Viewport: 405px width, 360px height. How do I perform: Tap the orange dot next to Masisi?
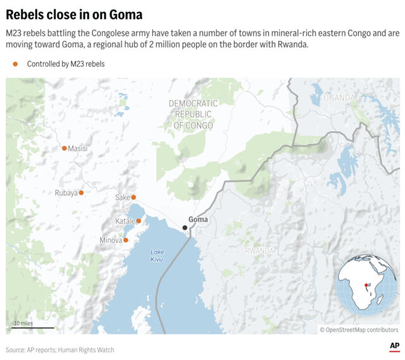coord(64,149)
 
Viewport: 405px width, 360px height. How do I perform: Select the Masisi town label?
coord(78,149)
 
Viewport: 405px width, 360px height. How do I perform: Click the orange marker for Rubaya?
coord(81,193)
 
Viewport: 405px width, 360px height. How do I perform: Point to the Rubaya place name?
coord(66,193)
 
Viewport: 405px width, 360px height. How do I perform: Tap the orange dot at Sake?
coord(134,197)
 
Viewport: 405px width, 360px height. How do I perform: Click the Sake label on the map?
coord(122,197)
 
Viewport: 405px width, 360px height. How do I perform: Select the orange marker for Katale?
coord(139,221)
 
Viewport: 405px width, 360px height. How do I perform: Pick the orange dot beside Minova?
coord(126,240)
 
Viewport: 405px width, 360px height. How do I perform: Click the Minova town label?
coord(111,240)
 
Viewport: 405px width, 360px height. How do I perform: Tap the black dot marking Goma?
coord(185,228)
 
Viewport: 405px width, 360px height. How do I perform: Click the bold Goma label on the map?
coord(198,220)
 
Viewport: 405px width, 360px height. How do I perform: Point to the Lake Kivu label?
coord(157,256)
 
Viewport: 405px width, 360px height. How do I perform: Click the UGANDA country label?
coord(340,97)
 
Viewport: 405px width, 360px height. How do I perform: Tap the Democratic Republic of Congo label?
coord(193,115)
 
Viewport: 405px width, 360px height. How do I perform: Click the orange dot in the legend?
coord(15,64)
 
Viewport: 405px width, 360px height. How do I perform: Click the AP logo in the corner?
coord(394,346)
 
